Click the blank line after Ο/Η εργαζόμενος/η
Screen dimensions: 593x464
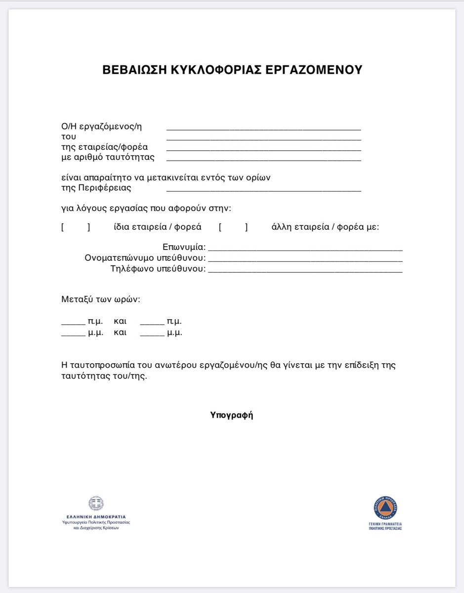(263, 128)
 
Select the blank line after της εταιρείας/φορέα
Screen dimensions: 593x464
(263, 149)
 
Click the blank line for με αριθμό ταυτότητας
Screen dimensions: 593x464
(263, 159)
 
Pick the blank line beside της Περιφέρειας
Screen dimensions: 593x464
(263, 190)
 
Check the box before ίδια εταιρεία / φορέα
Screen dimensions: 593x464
(76, 227)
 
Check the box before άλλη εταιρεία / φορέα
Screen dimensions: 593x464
(233, 227)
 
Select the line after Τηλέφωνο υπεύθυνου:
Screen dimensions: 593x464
(305, 270)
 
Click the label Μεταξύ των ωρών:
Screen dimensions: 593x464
(101, 299)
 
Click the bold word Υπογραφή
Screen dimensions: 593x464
(232, 415)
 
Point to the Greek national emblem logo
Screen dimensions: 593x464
(96, 504)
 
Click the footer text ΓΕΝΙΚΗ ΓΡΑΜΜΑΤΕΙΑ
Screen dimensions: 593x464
(385, 523)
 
